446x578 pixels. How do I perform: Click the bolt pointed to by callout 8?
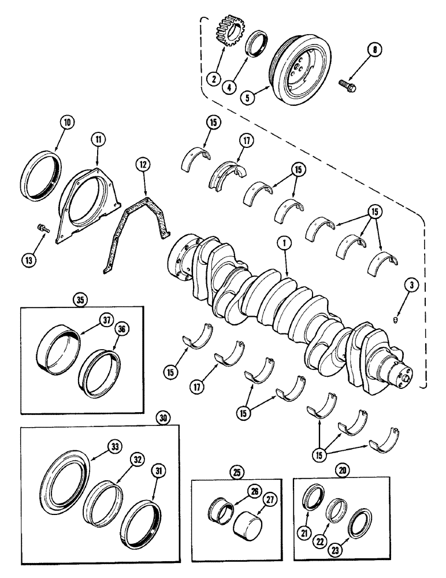click(348, 87)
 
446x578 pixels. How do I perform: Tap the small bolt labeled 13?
click(42, 227)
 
